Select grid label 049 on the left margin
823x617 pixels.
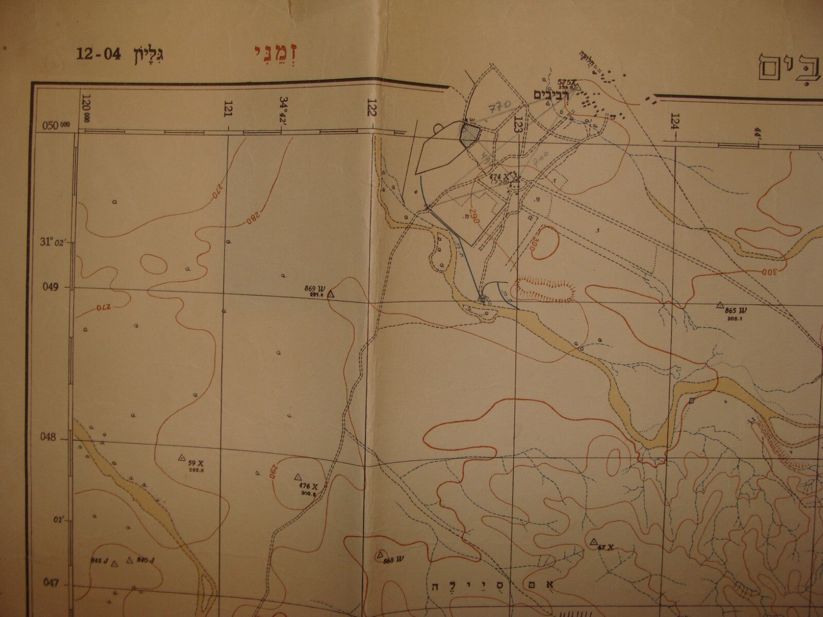pos(53,287)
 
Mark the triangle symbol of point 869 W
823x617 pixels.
pos(331,294)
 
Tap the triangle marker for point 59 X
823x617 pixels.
pos(181,457)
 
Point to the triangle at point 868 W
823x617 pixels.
pos(380,554)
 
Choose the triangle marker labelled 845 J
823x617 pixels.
pos(115,563)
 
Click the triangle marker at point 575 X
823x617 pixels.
pos(577,87)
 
